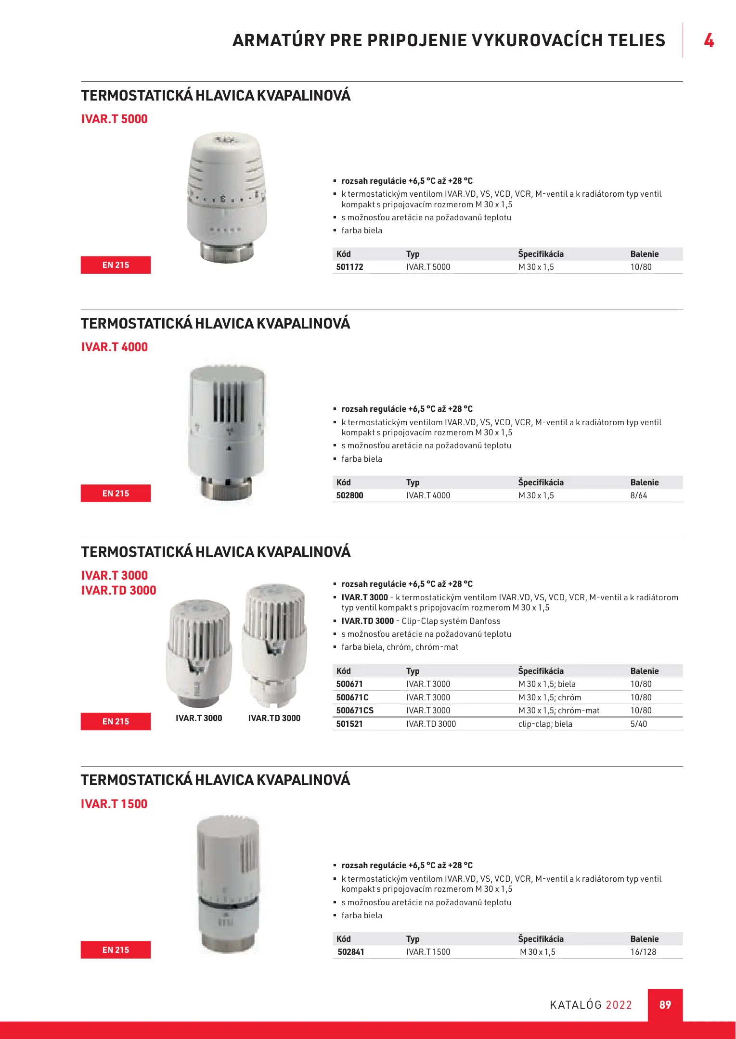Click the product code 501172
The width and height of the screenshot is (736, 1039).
click(349, 267)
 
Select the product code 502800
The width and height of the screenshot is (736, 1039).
click(349, 495)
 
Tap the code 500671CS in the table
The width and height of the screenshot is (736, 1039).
click(355, 710)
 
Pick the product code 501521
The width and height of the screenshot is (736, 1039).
click(349, 724)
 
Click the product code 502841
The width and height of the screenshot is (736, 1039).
click(351, 952)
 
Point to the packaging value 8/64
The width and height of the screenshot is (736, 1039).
click(638, 495)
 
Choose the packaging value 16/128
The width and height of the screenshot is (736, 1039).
click(643, 952)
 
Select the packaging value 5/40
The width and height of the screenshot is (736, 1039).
click(638, 724)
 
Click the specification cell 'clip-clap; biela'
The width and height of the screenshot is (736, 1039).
click(545, 724)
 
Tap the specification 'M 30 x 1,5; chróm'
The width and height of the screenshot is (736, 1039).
click(550, 697)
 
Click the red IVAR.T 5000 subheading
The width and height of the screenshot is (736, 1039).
click(115, 119)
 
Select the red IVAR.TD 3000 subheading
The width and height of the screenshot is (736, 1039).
click(118, 590)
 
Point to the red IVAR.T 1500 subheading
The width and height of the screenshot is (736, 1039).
click(114, 804)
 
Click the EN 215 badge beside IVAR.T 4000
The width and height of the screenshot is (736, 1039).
click(116, 494)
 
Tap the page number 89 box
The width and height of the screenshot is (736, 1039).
click(665, 1005)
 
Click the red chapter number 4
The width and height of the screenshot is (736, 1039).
click(709, 40)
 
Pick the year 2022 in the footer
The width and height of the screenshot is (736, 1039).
click(619, 1005)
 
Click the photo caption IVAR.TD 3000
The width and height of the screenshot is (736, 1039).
click(274, 718)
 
